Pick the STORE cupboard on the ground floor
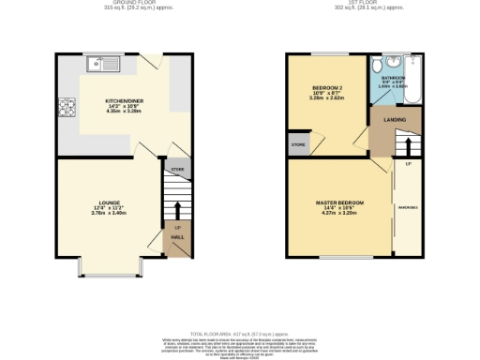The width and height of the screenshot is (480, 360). [x=175, y=170]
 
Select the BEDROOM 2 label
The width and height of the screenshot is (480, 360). [x=329, y=90]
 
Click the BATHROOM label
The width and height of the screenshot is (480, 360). [x=392, y=78]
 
